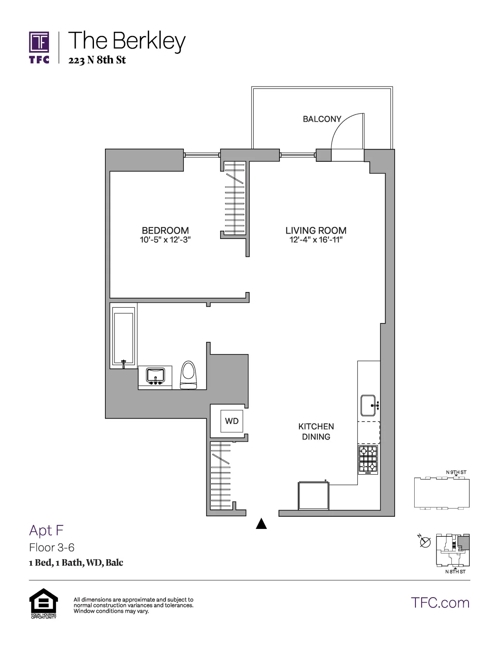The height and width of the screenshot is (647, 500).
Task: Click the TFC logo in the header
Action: [39, 47]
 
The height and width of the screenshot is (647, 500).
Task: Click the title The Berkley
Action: [127, 41]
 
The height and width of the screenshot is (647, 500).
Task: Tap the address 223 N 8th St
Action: [97, 60]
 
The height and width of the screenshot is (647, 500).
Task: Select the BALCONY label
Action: [322, 119]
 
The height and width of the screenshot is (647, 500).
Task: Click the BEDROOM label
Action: [165, 230]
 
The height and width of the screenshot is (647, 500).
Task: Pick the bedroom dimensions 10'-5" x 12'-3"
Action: [165, 240]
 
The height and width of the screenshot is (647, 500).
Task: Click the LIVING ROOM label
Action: [316, 230]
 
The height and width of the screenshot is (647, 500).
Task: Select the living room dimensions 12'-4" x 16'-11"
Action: [316, 240]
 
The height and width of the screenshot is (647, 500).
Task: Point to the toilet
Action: [189, 375]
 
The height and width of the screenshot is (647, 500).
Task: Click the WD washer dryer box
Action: [232, 421]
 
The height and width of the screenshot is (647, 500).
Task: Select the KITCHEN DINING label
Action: [316, 431]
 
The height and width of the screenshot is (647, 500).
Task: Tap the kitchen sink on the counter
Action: [369, 405]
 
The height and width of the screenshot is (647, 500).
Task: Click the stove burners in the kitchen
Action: [368, 460]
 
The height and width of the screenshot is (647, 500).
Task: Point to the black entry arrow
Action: [261, 524]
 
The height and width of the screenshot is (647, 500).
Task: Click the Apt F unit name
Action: [46, 530]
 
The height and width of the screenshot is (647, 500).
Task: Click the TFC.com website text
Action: [440, 602]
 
